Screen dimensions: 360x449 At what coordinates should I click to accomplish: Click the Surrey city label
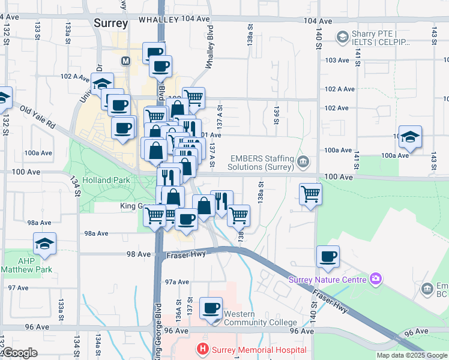(x=111, y=23)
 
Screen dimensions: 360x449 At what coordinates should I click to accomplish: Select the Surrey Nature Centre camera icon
(x=376, y=278)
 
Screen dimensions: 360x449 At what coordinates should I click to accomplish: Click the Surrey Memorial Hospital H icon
(x=203, y=349)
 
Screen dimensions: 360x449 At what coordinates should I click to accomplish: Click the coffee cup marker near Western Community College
(x=211, y=309)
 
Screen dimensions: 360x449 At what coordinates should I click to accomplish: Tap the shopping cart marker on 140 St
(x=310, y=193)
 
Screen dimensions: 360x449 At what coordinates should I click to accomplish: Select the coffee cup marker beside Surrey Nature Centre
(x=328, y=257)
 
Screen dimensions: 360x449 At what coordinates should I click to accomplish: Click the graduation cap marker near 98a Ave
(x=44, y=244)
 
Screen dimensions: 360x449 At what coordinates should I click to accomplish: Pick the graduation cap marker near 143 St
(x=411, y=137)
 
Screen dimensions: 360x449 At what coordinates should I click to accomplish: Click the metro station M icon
(x=126, y=61)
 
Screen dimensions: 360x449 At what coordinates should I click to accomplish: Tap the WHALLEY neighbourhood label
(x=158, y=20)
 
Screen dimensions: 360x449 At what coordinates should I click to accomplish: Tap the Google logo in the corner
(x=19, y=353)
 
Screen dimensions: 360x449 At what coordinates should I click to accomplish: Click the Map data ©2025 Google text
(x=412, y=355)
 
